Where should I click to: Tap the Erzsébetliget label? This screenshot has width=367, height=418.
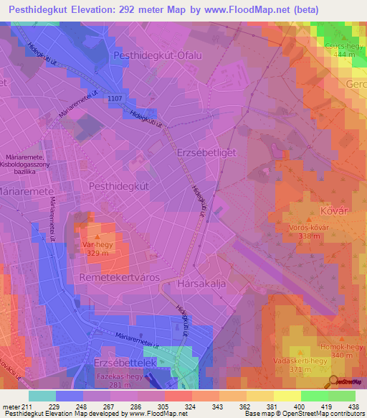click(206, 153)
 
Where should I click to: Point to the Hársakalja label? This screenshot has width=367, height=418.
click(201, 284)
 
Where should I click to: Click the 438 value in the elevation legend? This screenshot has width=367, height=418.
click(353, 406)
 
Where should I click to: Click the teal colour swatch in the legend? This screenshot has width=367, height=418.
click(42, 395)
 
